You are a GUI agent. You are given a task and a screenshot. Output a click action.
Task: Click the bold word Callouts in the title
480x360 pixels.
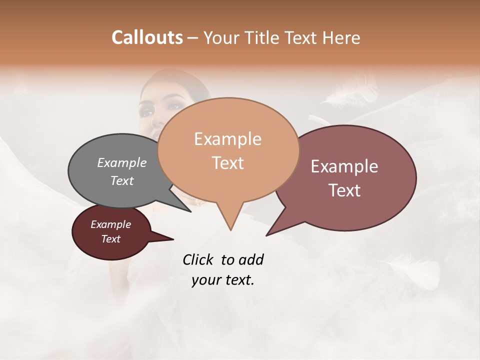147,37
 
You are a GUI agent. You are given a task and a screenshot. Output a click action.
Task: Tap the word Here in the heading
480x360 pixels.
341,37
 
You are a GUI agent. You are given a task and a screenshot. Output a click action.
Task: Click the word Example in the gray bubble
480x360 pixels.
122,162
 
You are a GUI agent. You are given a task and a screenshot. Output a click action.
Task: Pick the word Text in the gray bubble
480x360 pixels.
122,180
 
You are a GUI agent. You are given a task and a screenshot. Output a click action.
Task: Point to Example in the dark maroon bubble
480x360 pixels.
110,224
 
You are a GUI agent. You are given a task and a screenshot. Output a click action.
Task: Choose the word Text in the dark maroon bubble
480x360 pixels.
110,239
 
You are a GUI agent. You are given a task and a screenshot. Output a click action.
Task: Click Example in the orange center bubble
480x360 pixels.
227,139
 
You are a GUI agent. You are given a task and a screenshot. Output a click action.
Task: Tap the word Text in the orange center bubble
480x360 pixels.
227,162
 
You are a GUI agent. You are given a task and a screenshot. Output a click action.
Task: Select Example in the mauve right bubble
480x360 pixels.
344,166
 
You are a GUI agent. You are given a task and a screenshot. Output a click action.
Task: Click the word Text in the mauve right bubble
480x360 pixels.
344,190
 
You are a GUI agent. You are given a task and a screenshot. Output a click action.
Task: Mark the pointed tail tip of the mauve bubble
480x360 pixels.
267,234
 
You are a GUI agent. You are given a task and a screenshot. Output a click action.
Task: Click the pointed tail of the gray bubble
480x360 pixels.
190,211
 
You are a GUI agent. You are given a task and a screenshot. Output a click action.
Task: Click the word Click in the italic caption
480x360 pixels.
198,259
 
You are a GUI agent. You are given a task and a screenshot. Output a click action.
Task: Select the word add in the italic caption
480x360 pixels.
250,259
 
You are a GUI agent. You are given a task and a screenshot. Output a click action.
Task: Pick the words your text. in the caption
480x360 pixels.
222,280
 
